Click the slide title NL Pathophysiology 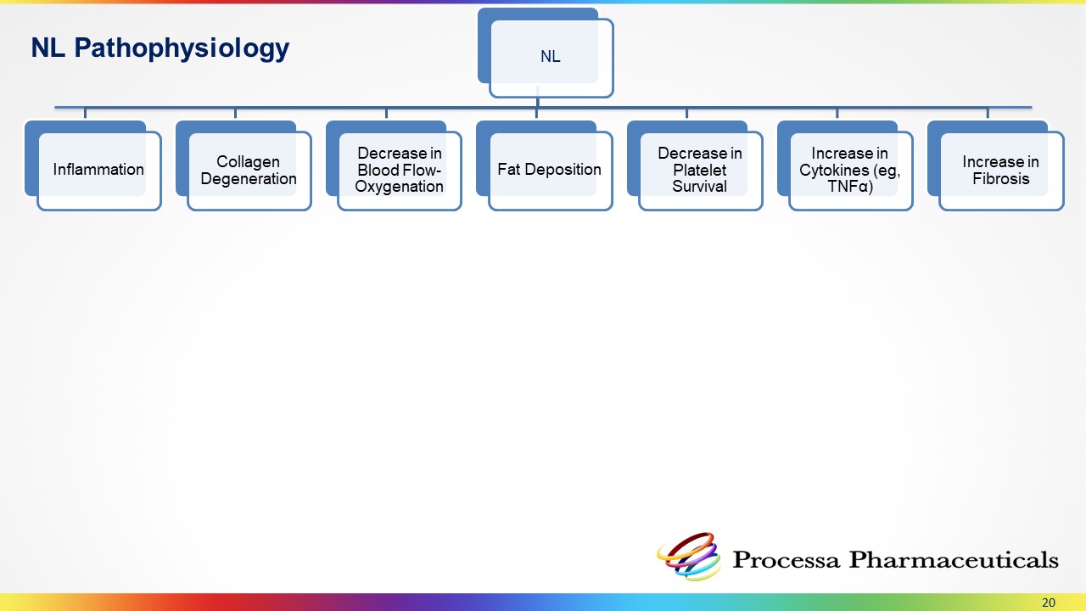pyautogui.click(x=160, y=48)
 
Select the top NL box pyautogui.click(x=550, y=57)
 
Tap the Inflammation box pyautogui.click(x=98, y=170)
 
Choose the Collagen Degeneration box pyautogui.click(x=249, y=170)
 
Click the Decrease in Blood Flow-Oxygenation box pyautogui.click(x=399, y=170)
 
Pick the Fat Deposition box pyautogui.click(x=549, y=170)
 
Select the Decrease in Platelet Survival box pyautogui.click(x=700, y=170)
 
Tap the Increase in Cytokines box pyautogui.click(x=850, y=170)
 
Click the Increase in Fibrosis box pyautogui.click(x=1000, y=170)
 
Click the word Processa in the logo pyautogui.click(x=786, y=560)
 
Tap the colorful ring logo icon pyautogui.click(x=688, y=556)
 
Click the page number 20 pyautogui.click(x=1049, y=603)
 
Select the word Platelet pyautogui.click(x=700, y=170)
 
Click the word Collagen pyautogui.click(x=248, y=161)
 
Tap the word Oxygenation pyautogui.click(x=399, y=186)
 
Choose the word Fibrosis pyautogui.click(x=1001, y=178)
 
